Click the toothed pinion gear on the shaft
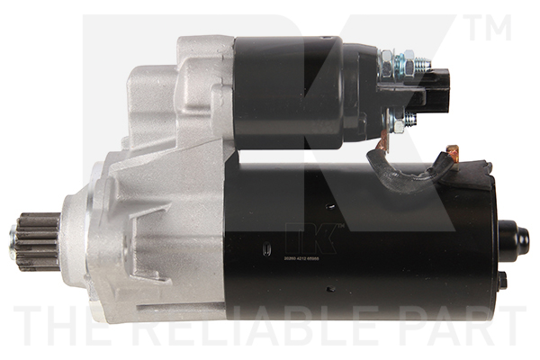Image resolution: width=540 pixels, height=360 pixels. coord(34,242)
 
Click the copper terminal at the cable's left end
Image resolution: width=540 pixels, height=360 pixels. coord(382,139)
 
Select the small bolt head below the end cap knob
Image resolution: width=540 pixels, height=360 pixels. coord(502,279)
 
